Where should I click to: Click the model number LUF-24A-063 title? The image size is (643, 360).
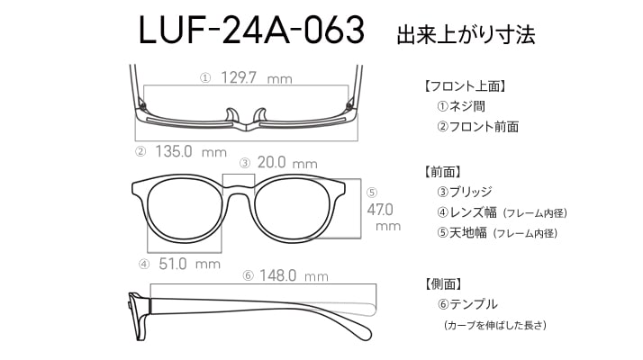pos(251,30)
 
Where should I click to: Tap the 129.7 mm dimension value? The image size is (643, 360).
pos(257,77)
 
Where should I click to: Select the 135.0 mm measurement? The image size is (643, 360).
pos(191,152)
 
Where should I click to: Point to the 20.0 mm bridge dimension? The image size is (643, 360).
pos(287,163)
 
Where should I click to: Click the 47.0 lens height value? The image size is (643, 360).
pos(380,210)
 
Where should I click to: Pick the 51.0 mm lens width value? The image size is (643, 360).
pos(189,264)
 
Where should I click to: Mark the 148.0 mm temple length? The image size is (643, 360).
pos(294,275)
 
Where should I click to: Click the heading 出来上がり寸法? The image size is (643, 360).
pos(466,34)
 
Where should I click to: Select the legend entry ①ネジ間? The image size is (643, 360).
pos(461,106)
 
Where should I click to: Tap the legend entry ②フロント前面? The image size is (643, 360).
pos(477,127)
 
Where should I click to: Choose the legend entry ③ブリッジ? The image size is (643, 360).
pos(464,192)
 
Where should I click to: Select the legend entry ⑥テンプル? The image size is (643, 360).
pos(467,304)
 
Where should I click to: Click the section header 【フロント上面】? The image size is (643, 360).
pos(465,86)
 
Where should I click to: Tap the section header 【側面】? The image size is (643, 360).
pos(443,283)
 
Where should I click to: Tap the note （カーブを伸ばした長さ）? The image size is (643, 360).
pos(495,325)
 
